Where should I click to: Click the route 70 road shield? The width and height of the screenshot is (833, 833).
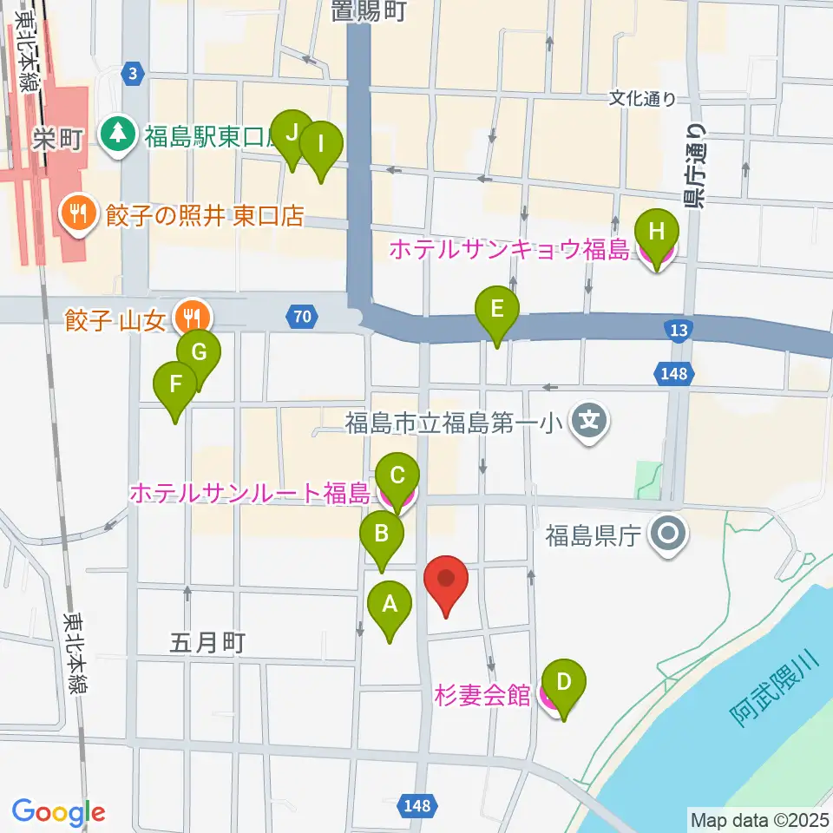point(300,317)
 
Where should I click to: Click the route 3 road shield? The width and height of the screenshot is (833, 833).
point(131,73)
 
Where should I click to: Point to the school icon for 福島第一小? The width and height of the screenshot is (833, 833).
point(589,423)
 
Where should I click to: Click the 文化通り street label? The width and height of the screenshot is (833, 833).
point(642,99)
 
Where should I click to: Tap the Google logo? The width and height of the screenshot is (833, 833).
point(58,811)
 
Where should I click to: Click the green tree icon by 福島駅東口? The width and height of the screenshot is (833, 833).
point(116,133)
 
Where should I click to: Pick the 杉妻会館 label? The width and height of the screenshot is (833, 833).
point(482,695)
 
